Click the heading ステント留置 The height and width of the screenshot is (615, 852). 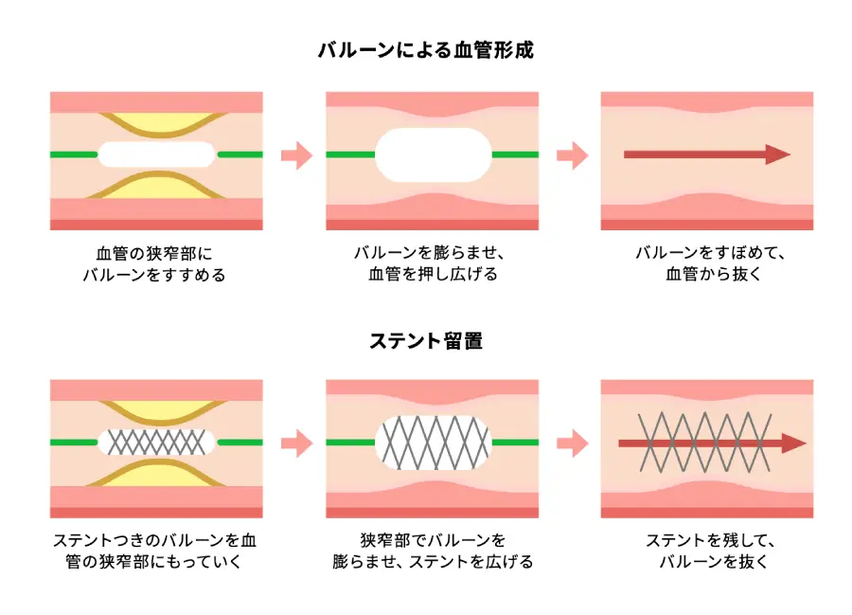click(x=426, y=340)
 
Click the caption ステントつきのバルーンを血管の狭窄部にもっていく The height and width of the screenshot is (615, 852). click(x=155, y=552)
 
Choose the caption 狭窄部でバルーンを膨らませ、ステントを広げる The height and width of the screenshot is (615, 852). click(x=433, y=552)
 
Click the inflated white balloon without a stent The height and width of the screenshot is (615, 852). click(x=434, y=154)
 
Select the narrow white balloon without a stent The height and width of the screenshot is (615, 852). click(x=156, y=154)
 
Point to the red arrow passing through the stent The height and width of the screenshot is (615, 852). click(x=795, y=443)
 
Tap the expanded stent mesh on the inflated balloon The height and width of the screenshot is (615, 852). click(x=434, y=443)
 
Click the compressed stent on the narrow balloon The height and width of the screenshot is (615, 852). click(x=156, y=442)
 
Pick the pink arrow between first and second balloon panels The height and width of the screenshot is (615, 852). click(x=296, y=154)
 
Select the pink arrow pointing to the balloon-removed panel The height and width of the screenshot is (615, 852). click(x=572, y=154)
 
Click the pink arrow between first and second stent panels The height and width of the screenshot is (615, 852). click(x=296, y=442)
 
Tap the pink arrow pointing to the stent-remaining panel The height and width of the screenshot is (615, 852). click(x=572, y=442)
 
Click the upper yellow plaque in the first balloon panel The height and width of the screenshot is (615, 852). click(x=156, y=123)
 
